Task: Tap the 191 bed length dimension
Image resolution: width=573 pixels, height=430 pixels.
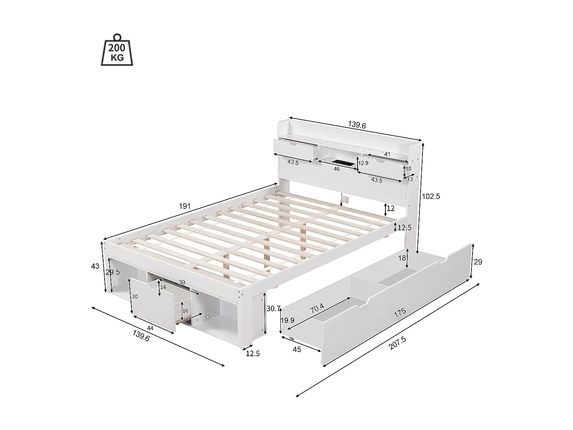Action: [x=185, y=206]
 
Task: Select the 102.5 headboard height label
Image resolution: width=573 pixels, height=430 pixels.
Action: [x=431, y=196]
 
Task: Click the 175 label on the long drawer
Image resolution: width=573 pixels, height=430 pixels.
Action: [x=400, y=312]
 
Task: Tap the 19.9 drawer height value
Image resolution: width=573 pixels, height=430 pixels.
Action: [x=288, y=320]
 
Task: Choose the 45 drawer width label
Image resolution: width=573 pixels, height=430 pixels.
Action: [x=297, y=349]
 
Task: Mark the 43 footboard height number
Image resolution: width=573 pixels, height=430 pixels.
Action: [x=95, y=266]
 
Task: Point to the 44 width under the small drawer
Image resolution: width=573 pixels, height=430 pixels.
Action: [x=150, y=328]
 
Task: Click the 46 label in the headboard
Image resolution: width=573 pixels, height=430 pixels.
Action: [x=337, y=169]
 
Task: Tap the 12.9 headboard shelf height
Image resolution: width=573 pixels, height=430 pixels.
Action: [x=363, y=163]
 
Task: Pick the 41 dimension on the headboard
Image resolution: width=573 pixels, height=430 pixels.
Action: [x=387, y=154]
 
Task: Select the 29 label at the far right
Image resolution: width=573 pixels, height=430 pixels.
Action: [x=478, y=262]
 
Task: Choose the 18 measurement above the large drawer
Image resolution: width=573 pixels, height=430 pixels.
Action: [x=402, y=258]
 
